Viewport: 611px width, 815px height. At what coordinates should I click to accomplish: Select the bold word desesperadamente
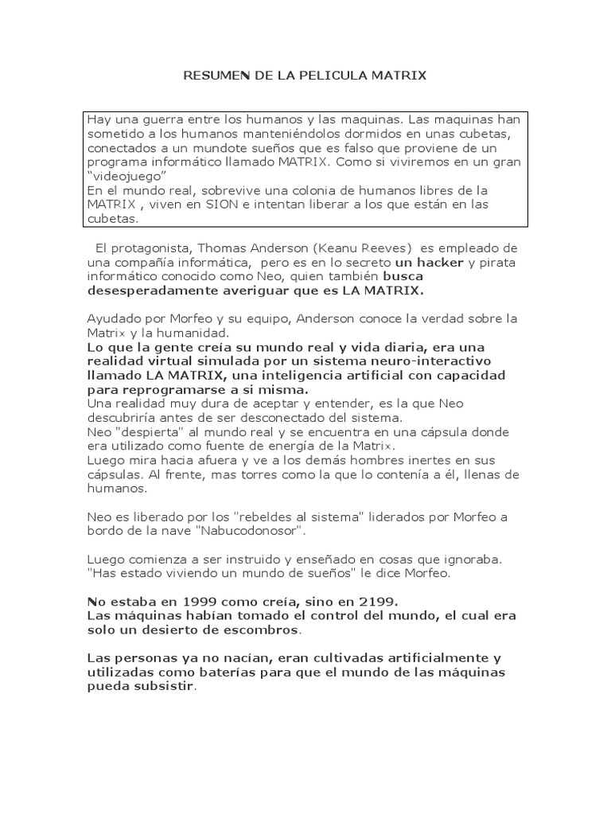coord(154,291)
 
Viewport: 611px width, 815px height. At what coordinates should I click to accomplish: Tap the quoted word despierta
coord(147,432)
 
